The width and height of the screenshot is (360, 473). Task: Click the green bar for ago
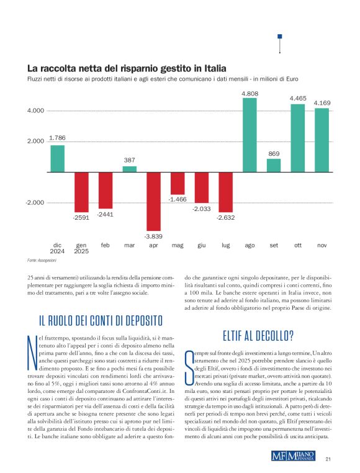click(x=250, y=135)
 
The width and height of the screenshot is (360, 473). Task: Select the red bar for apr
click(x=153, y=201)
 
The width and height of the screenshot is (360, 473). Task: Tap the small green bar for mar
click(x=129, y=169)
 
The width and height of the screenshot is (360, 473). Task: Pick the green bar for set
click(x=274, y=165)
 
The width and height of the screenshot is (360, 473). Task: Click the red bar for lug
click(x=225, y=192)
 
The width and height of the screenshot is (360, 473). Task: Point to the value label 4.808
click(x=250, y=93)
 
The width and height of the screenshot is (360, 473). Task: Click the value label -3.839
click(x=153, y=236)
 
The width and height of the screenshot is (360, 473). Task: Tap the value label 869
click(x=274, y=153)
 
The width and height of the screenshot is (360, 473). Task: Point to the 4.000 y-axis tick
click(x=35, y=111)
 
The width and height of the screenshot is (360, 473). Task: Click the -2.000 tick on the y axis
click(x=35, y=203)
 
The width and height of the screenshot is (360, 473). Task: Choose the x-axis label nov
click(x=322, y=245)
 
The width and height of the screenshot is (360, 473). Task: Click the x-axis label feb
click(x=106, y=245)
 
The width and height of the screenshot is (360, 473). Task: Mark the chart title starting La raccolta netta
click(x=126, y=68)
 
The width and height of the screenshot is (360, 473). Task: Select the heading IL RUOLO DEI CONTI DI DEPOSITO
click(x=101, y=320)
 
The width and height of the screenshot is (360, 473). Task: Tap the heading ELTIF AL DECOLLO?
click(x=258, y=336)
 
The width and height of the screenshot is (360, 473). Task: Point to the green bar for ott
click(x=298, y=138)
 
